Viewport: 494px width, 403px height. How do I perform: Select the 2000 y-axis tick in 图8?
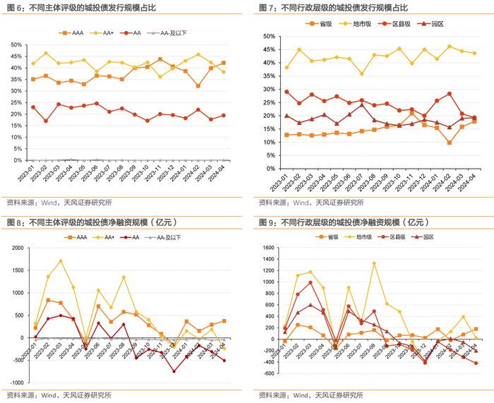pyautogui.click(x=15, y=248)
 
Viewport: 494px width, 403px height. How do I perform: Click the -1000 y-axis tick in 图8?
pyautogui.click(x=13, y=383)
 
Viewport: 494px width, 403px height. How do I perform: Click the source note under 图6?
pyautogui.click(x=59, y=201)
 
